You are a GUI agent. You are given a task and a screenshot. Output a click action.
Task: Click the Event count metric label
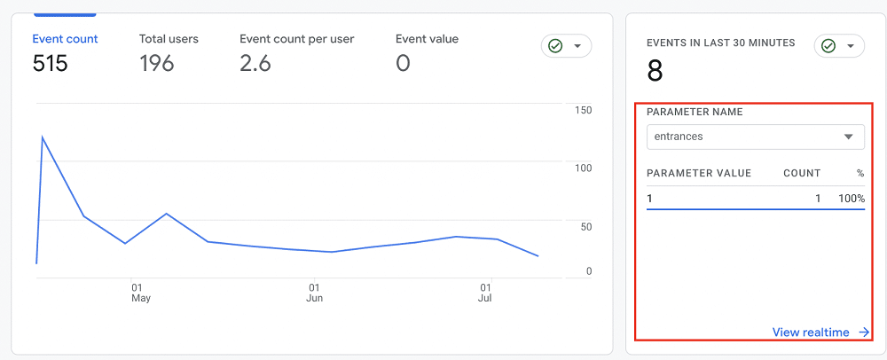[x=65, y=39]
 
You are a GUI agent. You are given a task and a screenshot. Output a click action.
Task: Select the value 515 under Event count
[x=51, y=64]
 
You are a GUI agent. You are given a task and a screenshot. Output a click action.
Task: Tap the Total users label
[x=169, y=39]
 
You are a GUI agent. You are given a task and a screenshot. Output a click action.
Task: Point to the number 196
[x=157, y=64]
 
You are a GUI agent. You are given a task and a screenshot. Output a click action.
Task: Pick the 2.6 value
[x=255, y=64]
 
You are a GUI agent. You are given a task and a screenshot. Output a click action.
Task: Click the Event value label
[x=427, y=39]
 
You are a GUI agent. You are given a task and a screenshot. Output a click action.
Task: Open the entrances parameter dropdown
[x=755, y=137]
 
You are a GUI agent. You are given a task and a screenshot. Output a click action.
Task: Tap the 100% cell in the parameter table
[x=852, y=199]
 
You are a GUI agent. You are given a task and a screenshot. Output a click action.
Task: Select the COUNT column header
[x=802, y=174]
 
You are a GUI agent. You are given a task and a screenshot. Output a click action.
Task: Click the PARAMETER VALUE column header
[x=699, y=174]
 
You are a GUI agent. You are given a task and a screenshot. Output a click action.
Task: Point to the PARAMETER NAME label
[x=695, y=113]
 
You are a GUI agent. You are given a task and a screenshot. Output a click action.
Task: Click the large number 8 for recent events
[x=655, y=71]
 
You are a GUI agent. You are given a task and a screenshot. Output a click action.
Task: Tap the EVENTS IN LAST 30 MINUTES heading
[x=720, y=43]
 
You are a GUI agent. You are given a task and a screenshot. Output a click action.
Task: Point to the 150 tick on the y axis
[x=583, y=110]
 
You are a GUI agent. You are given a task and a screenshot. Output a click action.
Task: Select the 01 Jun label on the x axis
[x=314, y=293]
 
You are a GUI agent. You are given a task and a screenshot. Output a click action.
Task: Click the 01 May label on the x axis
[x=140, y=293]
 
